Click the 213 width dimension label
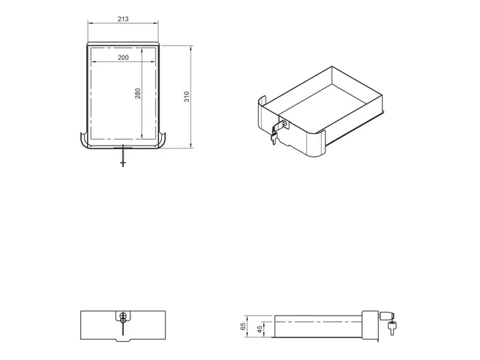click(124, 17)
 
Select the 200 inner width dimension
click(124, 58)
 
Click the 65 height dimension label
click(242, 326)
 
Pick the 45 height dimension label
click(259, 331)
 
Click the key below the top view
click(124, 158)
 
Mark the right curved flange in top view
click(165, 140)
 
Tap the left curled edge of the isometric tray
click(260, 112)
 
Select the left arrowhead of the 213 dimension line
click(90, 23)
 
